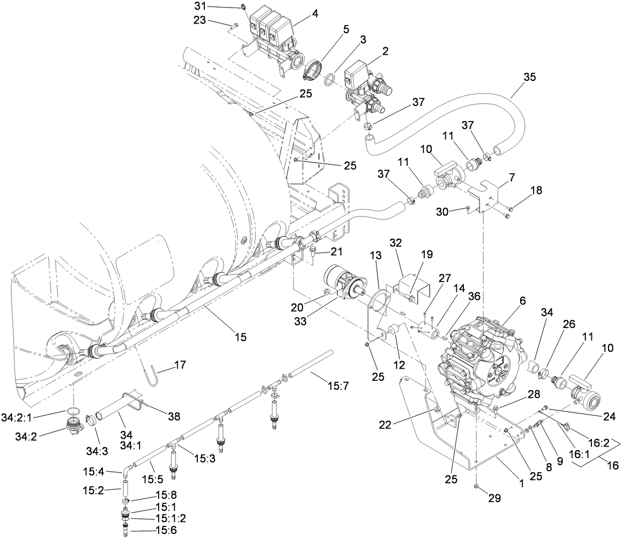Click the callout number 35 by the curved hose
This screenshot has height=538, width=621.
[529, 77]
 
